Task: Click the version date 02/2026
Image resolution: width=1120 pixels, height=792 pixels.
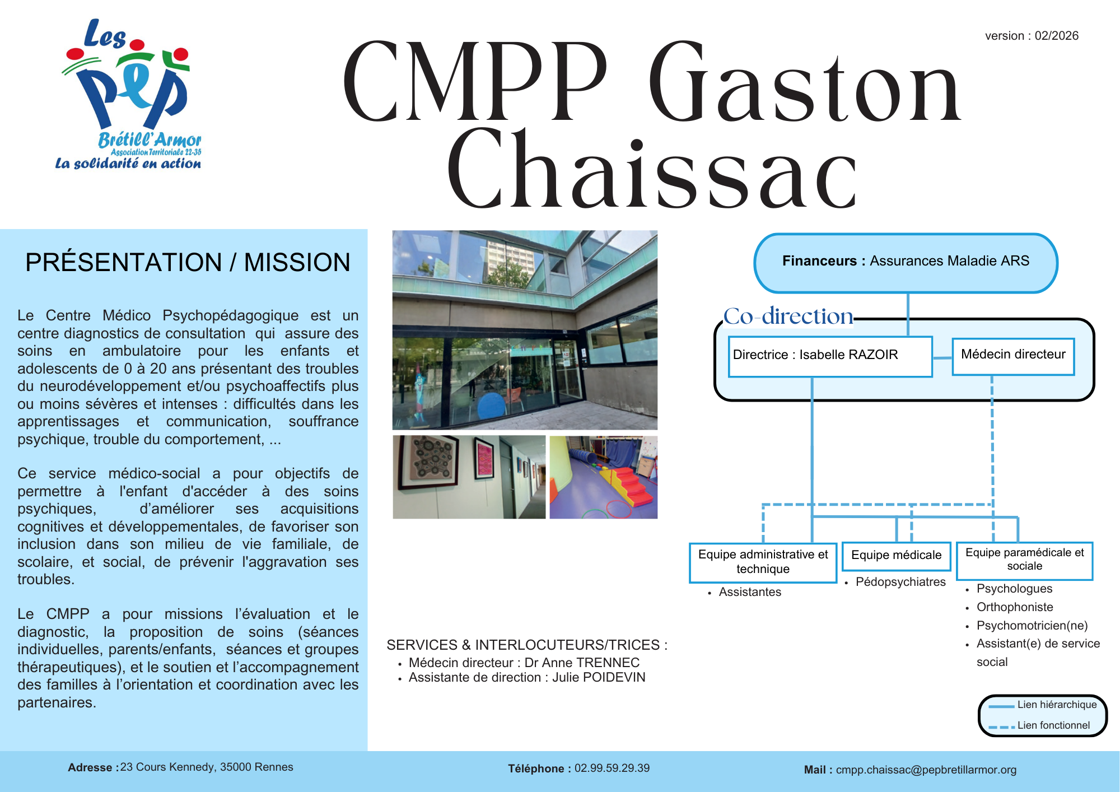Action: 1056,36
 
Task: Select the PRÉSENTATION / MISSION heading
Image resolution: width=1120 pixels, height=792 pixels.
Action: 188,262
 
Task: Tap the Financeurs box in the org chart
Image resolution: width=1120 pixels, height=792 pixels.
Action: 906,262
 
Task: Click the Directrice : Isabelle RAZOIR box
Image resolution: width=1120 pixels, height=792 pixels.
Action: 829,355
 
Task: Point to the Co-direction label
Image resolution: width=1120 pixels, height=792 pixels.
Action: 788,316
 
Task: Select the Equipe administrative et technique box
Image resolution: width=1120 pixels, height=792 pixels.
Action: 763,562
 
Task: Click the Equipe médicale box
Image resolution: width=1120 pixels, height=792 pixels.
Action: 896,555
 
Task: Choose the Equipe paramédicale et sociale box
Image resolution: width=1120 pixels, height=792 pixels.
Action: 1024,560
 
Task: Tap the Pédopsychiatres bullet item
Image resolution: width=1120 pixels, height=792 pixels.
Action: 900,582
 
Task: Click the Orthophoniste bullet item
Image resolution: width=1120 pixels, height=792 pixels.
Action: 1015,607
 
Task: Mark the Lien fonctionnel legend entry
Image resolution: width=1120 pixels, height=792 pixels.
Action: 1053,725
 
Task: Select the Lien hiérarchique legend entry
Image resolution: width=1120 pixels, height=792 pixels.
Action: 1057,705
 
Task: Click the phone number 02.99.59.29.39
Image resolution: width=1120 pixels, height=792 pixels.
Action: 612,768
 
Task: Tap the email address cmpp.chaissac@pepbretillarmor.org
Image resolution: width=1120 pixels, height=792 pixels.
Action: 926,770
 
